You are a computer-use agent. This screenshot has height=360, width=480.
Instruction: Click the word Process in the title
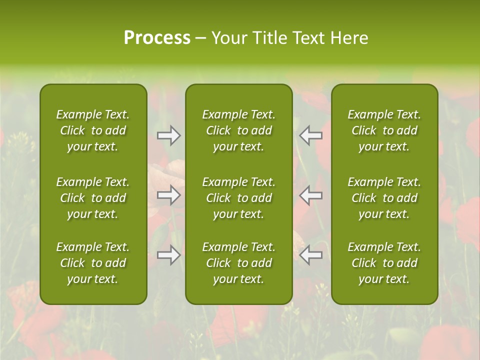point(157,38)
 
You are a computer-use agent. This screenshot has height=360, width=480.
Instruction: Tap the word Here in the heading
point(349,38)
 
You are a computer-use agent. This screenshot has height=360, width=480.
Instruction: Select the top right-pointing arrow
point(169,135)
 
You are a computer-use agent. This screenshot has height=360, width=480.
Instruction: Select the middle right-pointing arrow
point(169,195)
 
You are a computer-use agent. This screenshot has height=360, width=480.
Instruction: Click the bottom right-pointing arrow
point(169,255)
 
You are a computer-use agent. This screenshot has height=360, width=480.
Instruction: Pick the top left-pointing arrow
point(311,135)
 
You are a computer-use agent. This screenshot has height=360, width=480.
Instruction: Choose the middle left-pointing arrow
point(311,195)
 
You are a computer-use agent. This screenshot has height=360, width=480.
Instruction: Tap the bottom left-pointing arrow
point(311,255)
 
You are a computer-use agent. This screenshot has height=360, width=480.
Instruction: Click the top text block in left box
point(93,130)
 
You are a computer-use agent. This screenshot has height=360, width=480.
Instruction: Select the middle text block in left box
point(93,198)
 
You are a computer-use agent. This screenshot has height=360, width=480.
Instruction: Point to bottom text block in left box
point(93,263)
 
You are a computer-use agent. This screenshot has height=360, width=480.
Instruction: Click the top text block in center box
point(238,130)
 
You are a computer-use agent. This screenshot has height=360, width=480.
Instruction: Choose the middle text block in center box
point(238,198)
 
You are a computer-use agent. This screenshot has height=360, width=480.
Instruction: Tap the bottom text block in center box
point(238,263)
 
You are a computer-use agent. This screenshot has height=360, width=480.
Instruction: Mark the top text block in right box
point(384,130)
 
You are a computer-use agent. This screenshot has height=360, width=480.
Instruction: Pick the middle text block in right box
point(384,198)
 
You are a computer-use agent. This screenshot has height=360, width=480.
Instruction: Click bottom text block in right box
point(384,263)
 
